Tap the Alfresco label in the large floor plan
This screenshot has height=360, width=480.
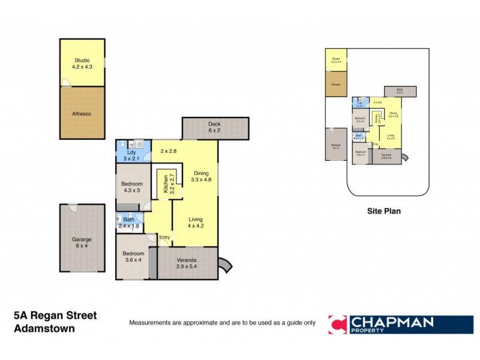pos(82,113)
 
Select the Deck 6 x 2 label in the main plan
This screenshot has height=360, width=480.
pos(214,127)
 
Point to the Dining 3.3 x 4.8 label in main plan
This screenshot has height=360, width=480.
pos(202,175)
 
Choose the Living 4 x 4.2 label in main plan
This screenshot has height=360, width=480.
pos(196,223)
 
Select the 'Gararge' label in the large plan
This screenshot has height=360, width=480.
pos(82,243)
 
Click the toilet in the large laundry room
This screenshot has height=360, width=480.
pos(122,145)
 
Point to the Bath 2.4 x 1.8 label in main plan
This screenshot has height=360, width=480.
pos(128,223)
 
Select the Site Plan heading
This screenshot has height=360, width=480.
pos(383,211)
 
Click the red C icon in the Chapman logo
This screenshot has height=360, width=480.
pos(337,325)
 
